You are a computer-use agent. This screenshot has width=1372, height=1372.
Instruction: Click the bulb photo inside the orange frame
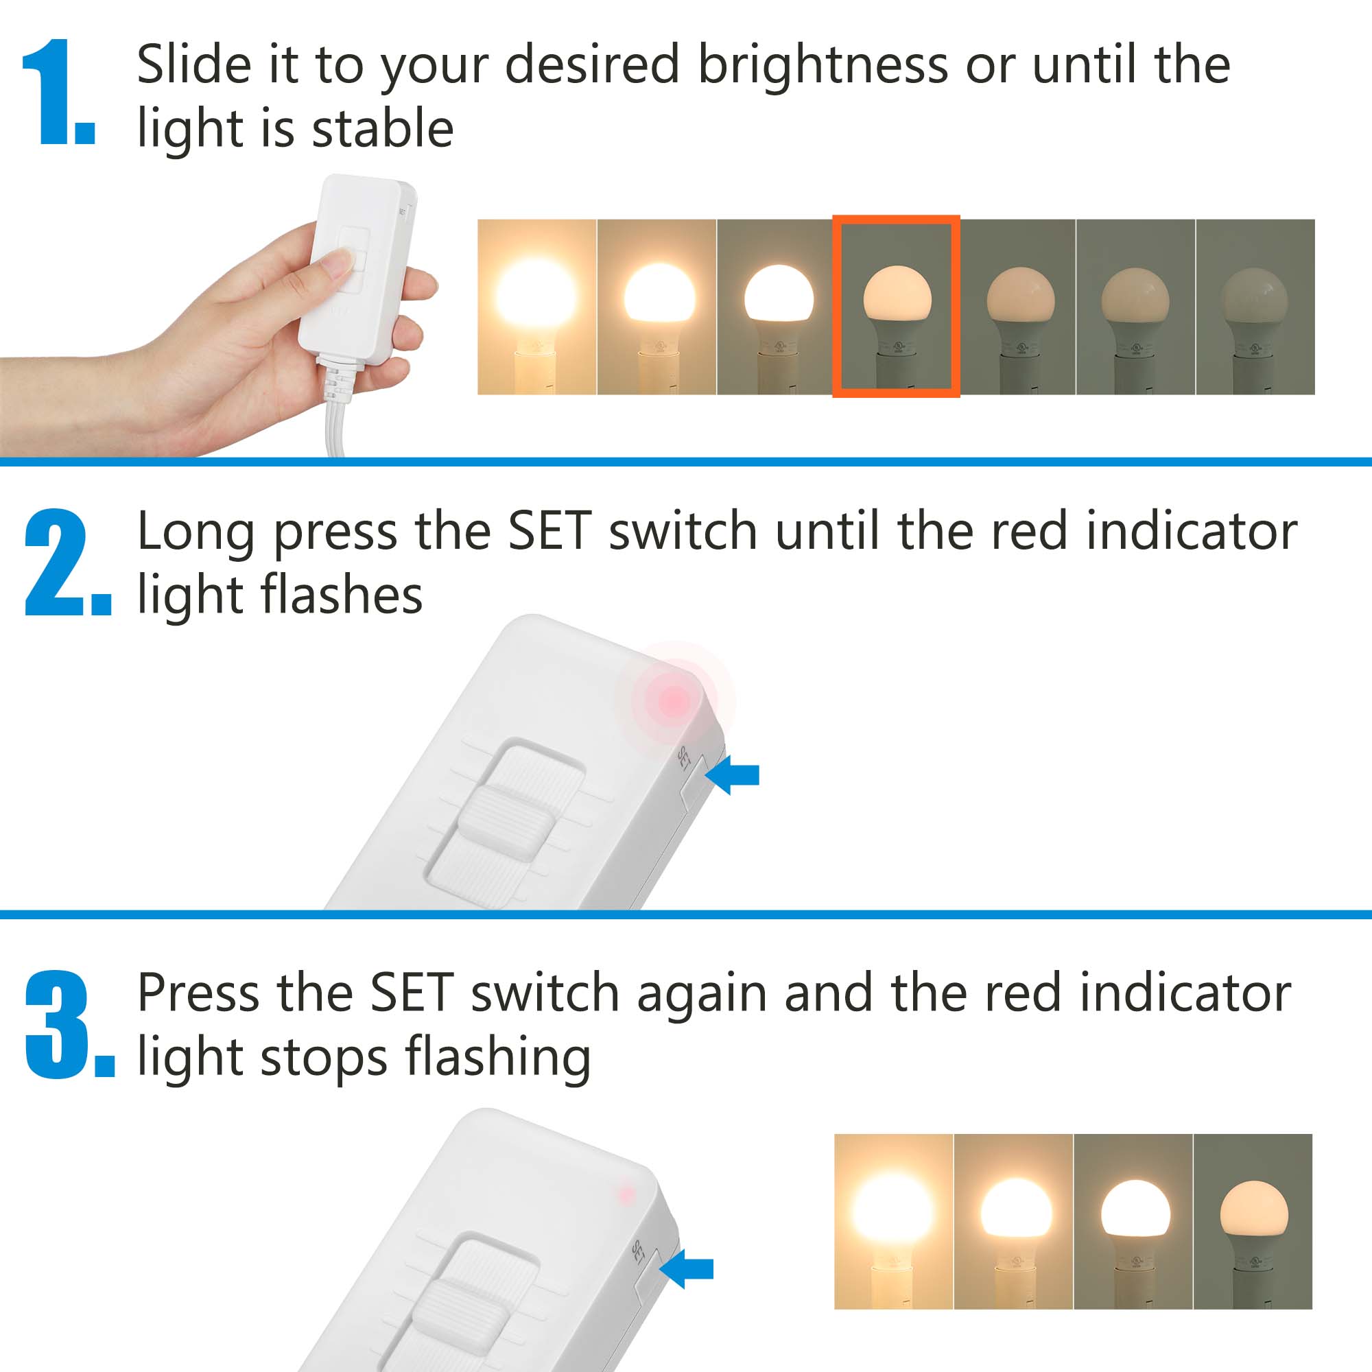(896, 306)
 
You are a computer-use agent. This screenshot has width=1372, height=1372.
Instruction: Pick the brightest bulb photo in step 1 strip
(536, 306)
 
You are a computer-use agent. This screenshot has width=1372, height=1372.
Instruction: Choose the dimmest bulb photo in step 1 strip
(1255, 306)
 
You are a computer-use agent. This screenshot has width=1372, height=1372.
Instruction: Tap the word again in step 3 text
(701, 993)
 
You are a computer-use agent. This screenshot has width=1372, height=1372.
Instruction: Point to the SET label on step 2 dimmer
(684, 758)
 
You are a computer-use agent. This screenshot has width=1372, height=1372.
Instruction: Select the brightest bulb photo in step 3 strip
(893, 1222)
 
